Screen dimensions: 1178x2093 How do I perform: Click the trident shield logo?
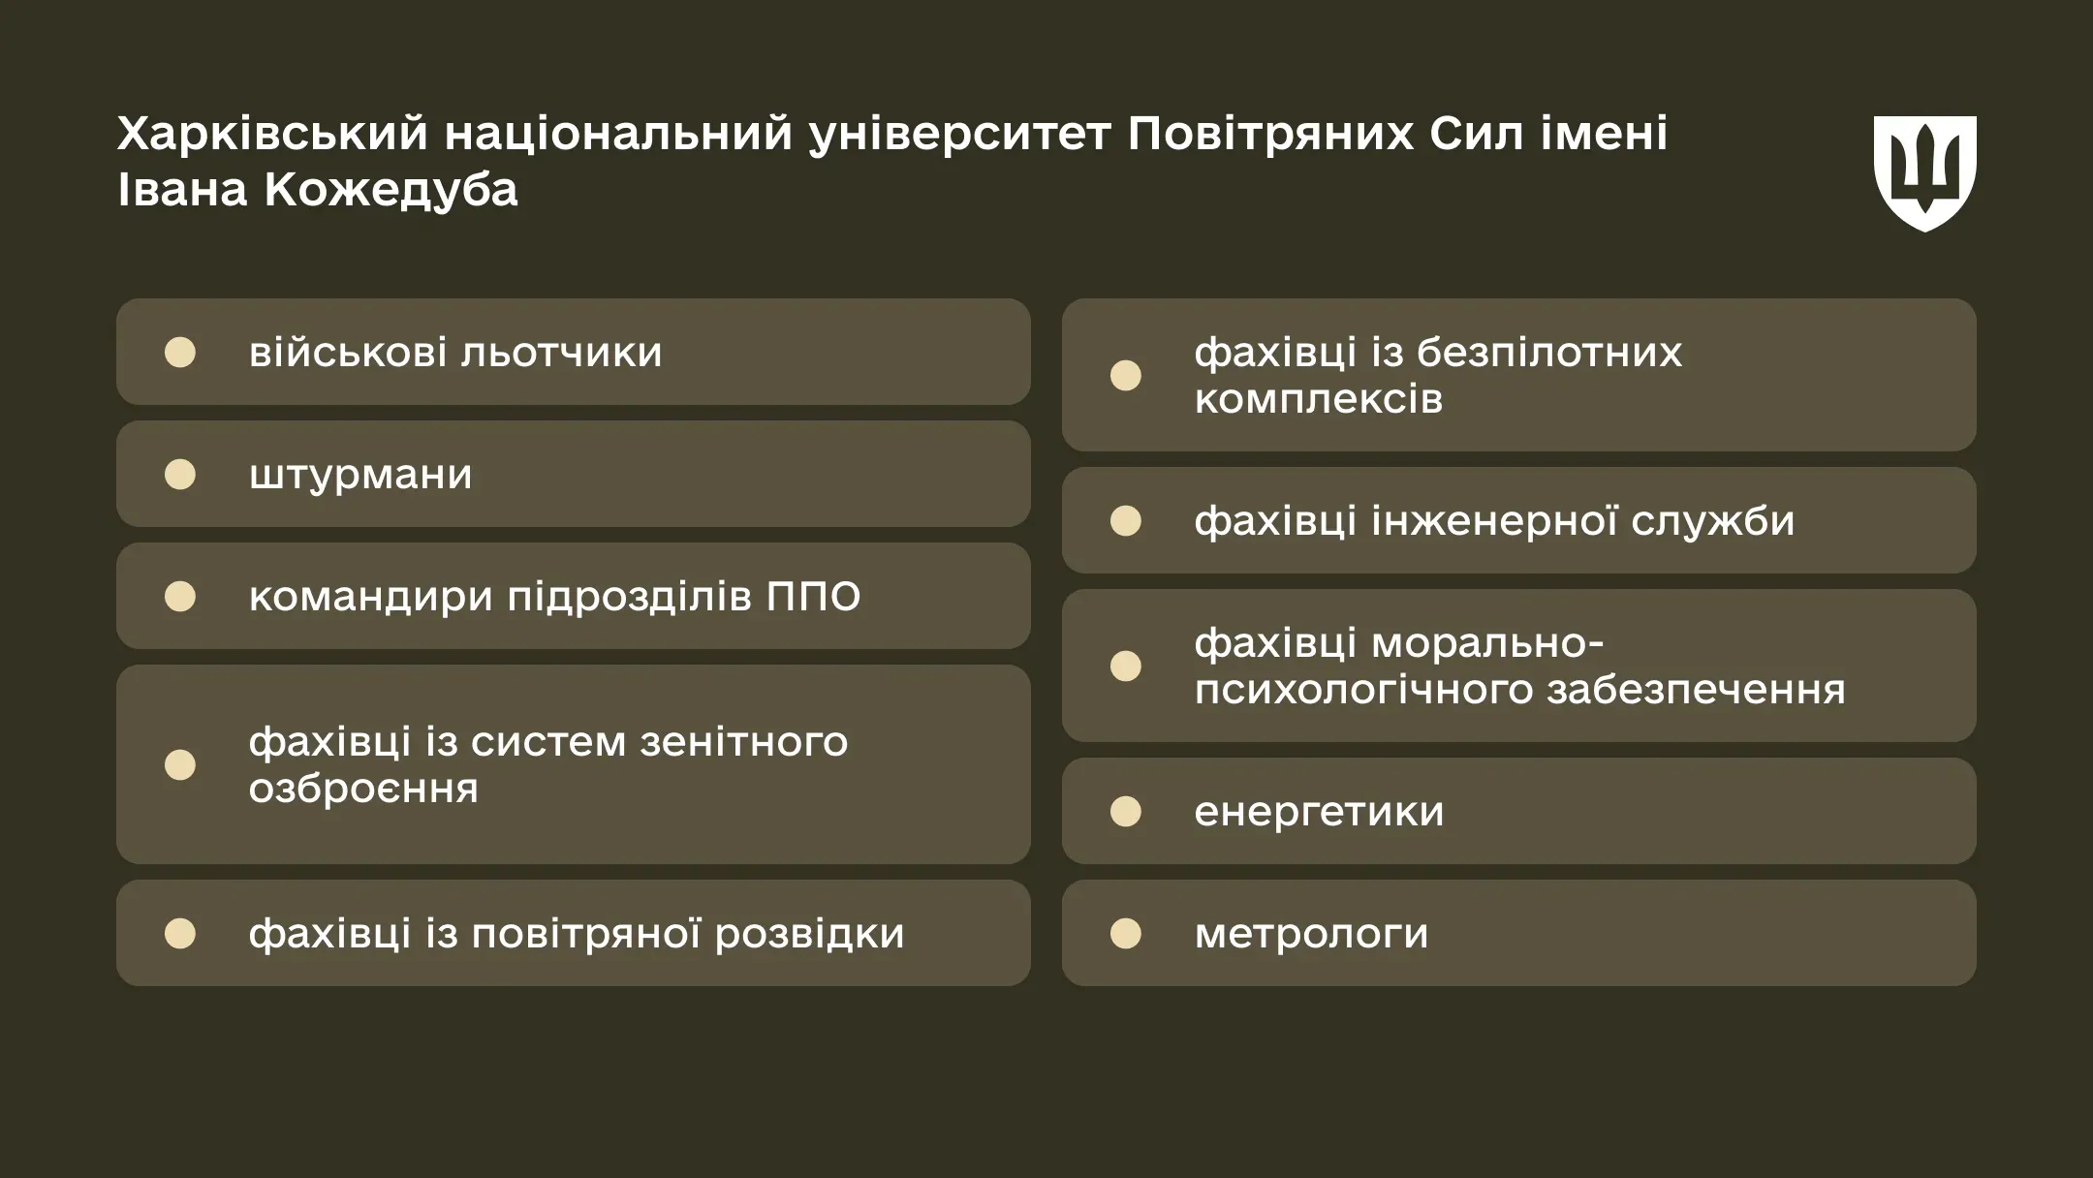point(1924,173)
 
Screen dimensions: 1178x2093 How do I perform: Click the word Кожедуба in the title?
point(390,190)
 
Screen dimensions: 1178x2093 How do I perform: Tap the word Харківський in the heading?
point(272,134)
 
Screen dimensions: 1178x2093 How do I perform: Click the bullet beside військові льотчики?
point(180,353)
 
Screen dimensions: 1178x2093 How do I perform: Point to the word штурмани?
point(360,475)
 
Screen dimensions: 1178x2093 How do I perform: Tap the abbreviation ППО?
point(813,597)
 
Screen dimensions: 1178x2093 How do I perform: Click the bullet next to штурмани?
point(180,475)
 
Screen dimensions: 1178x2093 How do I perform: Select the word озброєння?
point(363,789)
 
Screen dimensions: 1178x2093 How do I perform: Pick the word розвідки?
point(809,934)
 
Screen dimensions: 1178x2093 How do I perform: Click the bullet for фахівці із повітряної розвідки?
point(180,934)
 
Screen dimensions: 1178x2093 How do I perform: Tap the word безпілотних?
point(1549,353)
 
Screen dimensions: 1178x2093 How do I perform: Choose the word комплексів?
point(1318,399)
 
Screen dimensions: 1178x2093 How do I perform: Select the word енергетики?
point(1319,812)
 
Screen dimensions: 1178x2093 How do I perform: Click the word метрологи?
point(1311,934)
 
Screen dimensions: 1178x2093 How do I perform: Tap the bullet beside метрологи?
point(1125,934)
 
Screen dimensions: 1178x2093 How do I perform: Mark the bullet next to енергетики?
point(1125,812)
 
